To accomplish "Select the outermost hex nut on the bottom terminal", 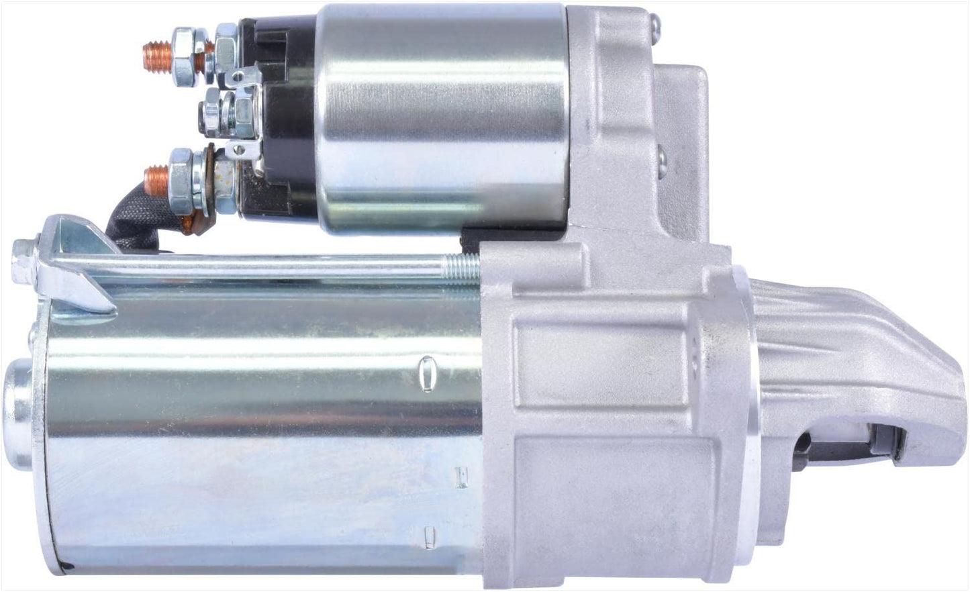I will (x=184, y=170).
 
